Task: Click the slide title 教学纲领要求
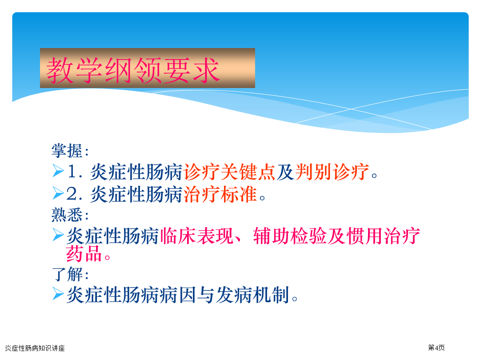coord(133,70)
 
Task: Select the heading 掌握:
coord(70,151)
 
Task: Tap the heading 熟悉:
coord(70,215)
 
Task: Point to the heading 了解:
coord(70,274)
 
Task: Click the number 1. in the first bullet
coord(75,172)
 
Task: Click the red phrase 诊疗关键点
coord(229,172)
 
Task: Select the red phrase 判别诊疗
coord(332,172)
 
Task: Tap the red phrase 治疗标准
coord(220,194)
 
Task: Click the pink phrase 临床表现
coord(196,236)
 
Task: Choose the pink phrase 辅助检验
coord(290,236)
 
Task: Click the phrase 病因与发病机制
coord(233,295)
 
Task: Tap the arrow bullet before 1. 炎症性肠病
coord(58,171)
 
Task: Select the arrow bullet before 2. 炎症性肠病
coord(58,193)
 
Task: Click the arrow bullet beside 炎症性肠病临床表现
coord(58,235)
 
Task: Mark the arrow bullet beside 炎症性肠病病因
coord(58,294)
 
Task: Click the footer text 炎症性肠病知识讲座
coord(35,348)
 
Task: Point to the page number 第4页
coord(436,348)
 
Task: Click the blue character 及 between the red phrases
coord(285,172)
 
